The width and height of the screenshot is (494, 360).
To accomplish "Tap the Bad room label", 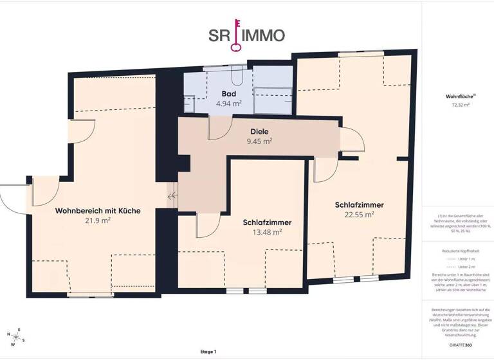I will (229, 94).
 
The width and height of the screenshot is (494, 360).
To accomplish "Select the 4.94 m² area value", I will (229, 103).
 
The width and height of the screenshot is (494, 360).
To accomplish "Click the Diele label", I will (259, 131).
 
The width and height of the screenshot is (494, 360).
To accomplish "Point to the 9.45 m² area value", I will (259, 141).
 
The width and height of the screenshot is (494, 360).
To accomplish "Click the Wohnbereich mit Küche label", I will (98, 210).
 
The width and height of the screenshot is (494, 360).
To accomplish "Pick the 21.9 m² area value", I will (98, 220).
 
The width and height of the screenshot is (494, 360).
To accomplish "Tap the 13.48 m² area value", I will (267, 233).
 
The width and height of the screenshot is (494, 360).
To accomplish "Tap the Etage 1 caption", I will (208, 352).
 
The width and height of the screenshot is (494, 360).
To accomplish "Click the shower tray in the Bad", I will (273, 101).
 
